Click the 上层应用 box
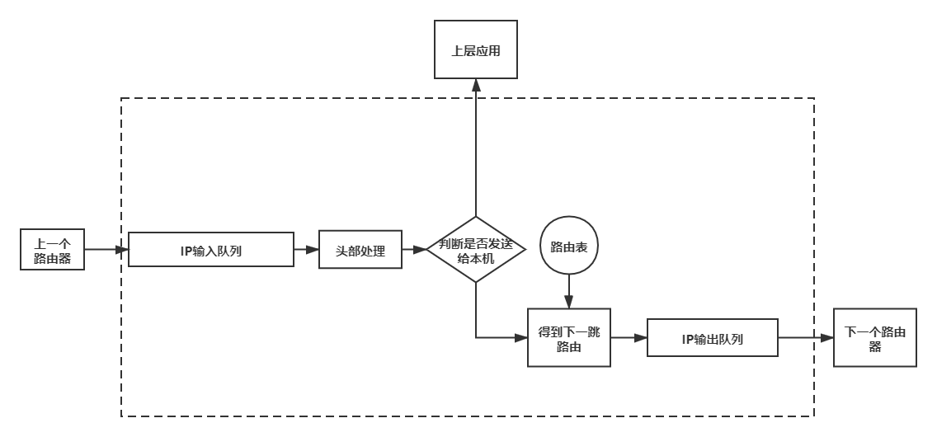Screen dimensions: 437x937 tap(476, 50)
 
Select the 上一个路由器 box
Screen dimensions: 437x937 tap(52, 250)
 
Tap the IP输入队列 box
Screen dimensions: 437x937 tap(211, 250)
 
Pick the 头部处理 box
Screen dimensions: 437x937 tap(360, 250)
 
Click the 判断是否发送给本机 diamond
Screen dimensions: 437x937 tap(476, 250)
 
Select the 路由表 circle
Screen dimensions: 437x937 tap(568, 247)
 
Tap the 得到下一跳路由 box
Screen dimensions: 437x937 tap(569, 338)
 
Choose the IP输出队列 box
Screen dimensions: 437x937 tap(713, 338)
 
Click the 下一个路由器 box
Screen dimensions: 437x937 tap(875, 338)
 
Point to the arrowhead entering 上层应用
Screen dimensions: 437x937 tap(476, 84)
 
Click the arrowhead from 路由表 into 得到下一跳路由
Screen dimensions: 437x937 tap(568, 303)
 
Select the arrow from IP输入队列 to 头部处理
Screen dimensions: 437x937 tap(306, 249)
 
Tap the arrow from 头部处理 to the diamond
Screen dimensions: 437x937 tap(414, 249)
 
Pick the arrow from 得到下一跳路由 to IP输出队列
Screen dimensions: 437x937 tap(629, 337)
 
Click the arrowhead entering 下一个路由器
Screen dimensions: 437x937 tap(827, 337)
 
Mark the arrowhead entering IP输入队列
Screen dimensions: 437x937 tap(123, 249)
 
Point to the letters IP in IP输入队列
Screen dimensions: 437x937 tap(186, 251)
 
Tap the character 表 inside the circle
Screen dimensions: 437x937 tap(582, 247)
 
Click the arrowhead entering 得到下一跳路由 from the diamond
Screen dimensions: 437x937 tap(521, 337)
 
